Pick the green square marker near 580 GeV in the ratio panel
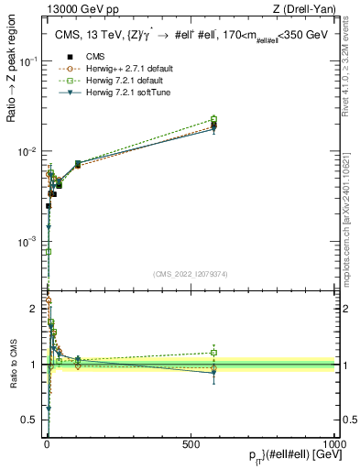213,352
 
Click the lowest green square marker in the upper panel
48,251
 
